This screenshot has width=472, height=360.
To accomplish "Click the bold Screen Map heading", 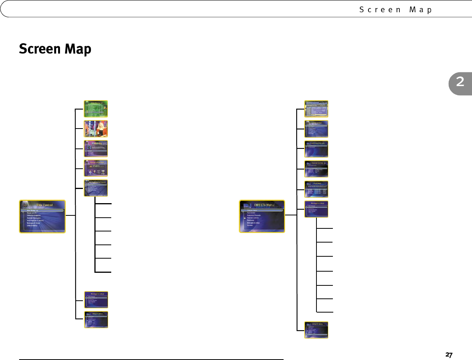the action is [x=55, y=49].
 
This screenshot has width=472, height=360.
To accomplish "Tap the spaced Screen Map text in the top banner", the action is [x=396, y=10].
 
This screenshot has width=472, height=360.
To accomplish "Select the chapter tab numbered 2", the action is [x=460, y=82].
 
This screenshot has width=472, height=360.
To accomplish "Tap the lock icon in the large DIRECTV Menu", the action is [x=243, y=218].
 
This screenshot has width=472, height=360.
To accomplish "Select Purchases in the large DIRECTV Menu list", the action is [x=251, y=220].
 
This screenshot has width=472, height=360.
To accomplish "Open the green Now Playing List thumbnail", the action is [x=96, y=108].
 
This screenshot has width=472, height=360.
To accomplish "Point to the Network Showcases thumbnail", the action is [x=96, y=168].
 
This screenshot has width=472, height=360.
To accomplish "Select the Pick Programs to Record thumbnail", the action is [x=96, y=188].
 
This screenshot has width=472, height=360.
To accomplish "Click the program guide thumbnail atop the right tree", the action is [x=316, y=109].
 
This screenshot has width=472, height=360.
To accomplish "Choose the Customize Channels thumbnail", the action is [x=316, y=149].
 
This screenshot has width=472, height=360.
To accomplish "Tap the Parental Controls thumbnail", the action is [x=316, y=169].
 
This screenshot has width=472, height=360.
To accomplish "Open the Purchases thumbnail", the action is [x=316, y=189].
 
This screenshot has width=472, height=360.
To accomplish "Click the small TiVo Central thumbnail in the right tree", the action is [x=316, y=129].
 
